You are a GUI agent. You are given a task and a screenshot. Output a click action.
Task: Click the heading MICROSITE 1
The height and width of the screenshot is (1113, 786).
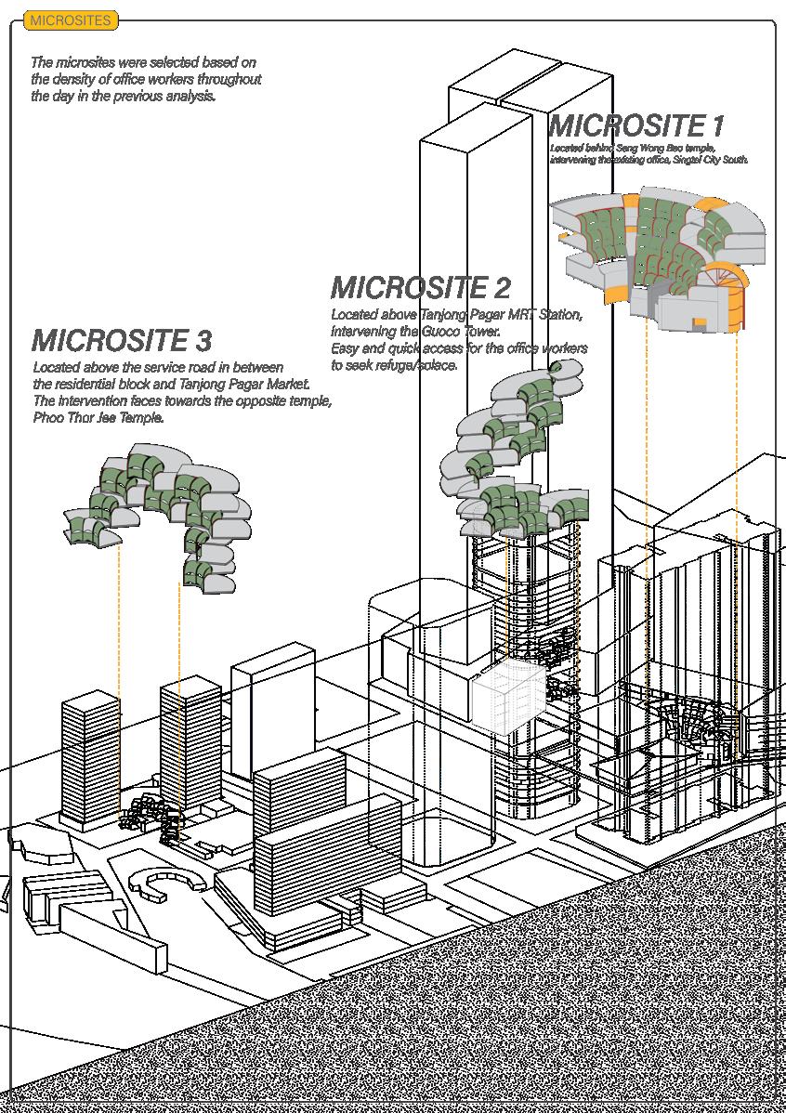pyautogui.click(x=636, y=126)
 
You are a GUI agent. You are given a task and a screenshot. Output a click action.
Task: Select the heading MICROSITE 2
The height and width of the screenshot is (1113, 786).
pyautogui.click(x=420, y=287)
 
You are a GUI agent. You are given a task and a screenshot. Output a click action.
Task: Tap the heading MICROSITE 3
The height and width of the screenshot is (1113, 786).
pyautogui.click(x=122, y=340)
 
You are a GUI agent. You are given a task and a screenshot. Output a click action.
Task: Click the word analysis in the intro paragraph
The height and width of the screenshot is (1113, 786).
pyautogui.click(x=190, y=96)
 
